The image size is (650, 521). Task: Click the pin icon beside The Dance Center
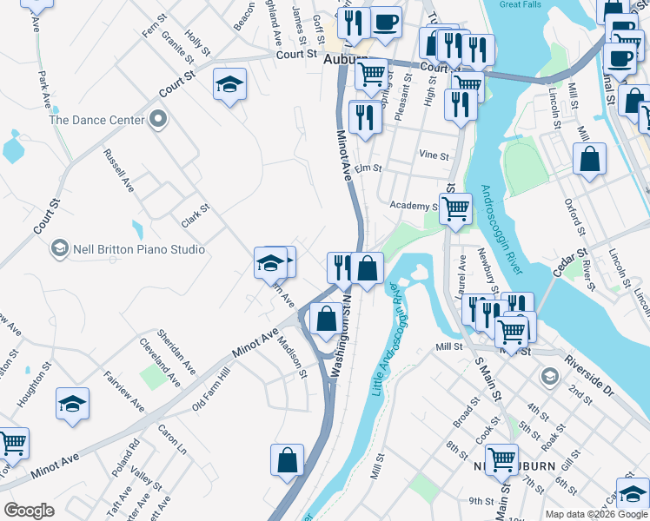[157, 119]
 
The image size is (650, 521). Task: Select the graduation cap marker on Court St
[229, 85]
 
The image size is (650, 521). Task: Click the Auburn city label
[346, 61]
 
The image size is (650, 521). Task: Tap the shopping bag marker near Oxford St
[589, 160]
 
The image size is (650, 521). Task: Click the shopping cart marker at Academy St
[455, 209]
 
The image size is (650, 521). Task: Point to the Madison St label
[292, 357]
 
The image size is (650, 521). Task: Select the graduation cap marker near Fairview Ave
[73, 404]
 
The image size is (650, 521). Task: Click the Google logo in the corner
[30, 510]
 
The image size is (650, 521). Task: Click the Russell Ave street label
[118, 170]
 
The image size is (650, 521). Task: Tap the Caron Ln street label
[172, 441]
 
